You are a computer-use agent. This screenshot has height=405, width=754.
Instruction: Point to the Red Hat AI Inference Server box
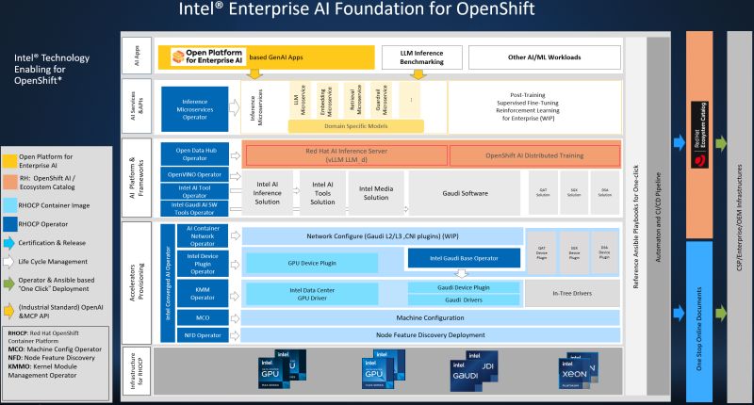(x=344, y=156)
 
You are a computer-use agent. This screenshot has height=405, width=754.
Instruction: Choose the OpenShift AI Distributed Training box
(x=534, y=155)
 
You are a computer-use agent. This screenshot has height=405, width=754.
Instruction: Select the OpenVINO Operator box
(x=194, y=174)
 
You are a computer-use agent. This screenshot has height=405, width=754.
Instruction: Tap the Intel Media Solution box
(x=375, y=192)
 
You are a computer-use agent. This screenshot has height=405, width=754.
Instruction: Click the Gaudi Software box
(x=460, y=192)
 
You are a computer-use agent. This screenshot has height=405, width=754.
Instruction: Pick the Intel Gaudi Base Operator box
(x=464, y=257)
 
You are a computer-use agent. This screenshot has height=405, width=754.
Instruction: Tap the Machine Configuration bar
(x=382, y=317)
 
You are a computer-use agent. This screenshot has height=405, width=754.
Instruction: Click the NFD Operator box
(x=194, y=334)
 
